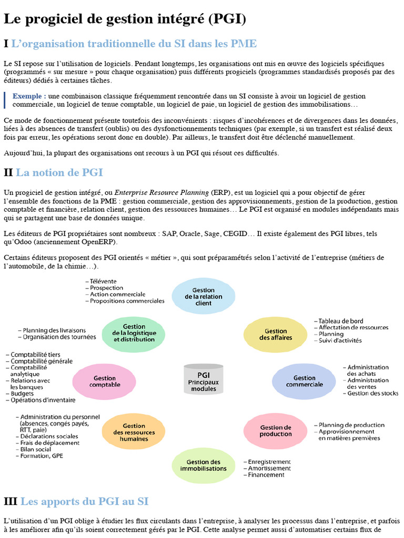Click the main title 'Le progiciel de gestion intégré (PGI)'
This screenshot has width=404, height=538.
point(125,19)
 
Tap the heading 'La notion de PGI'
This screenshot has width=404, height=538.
point(59,173)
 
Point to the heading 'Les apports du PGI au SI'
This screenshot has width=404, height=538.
point(84,502)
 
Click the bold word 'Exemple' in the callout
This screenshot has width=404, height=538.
point(29,96)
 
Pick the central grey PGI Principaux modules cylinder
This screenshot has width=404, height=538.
point(204,379)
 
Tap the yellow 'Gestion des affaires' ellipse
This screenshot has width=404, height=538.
point(276,335)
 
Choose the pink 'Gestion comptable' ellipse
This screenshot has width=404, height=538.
point(104,381)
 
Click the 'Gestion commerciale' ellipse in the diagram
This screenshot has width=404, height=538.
point(304,381)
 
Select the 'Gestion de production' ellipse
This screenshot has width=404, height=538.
point(276,431)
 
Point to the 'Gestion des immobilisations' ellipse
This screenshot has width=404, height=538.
point(203,465)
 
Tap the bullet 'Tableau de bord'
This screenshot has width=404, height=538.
point(340,321)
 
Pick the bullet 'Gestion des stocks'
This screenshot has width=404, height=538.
point(372,393)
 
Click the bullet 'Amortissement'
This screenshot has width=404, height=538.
point(269,468)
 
